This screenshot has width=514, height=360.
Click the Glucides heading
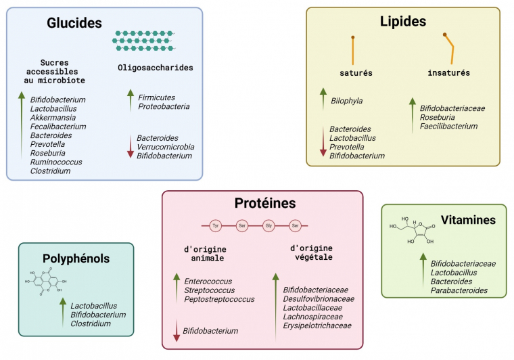(x=74, y=23)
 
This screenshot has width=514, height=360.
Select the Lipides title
(x=403, y=22)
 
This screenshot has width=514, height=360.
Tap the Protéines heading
(x=265, y=203)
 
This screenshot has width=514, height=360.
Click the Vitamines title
(x=469, y=220)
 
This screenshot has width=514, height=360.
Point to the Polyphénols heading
(x=76, y=258)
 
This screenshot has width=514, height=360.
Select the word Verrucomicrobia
(x=166, y=147)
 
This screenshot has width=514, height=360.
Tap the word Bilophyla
(x=347, y=101)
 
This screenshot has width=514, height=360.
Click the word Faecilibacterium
(x=449, y=126)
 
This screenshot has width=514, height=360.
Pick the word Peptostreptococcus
(x=219, y=299)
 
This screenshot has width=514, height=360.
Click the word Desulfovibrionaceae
(x=319, y=298)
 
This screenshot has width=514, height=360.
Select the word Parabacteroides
(x=459, y=290)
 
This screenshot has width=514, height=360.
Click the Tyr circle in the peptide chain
(x=216, y=225)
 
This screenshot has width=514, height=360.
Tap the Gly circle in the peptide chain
(x=268, y=225)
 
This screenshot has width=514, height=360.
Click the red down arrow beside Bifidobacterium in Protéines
(x=177, y=331)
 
